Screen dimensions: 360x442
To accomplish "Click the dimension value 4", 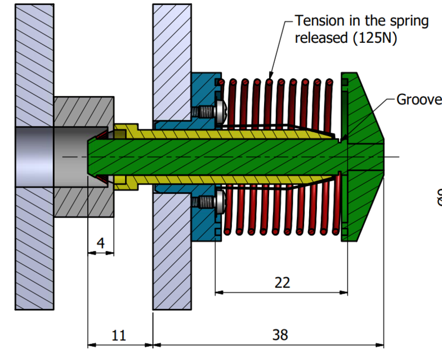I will [x=101, y=243].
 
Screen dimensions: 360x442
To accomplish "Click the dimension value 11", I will [x=119, y=336].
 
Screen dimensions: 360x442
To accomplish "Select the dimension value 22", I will [x=282, y=282].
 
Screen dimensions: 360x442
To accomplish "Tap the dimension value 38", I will [x=280, y=335].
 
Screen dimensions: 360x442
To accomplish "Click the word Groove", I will [x=419, y=100].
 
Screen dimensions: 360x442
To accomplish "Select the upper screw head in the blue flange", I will [x=218, y=111].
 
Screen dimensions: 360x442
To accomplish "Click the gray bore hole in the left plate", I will [x=34, y=155].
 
